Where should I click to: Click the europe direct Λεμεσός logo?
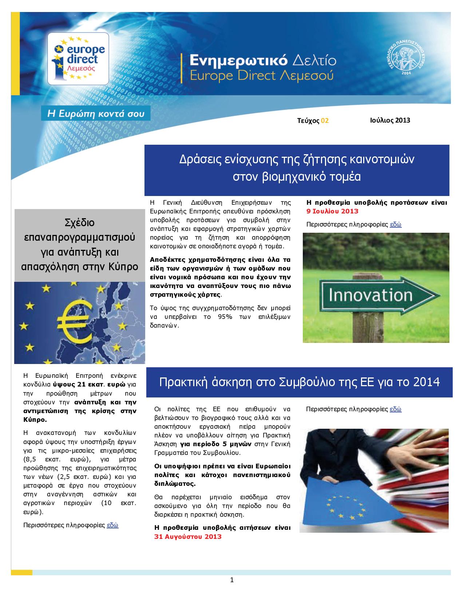click(78, 58)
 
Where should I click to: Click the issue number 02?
click(325, 121)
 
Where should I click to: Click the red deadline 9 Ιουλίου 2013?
click(332, 211)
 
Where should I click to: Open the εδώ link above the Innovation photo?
click(396, 224)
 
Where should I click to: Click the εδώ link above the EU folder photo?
click(396, 409)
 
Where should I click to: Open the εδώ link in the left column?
click(112, 525)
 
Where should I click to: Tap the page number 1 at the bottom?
click(232, 580)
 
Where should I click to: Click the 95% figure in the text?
click(225, 317)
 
